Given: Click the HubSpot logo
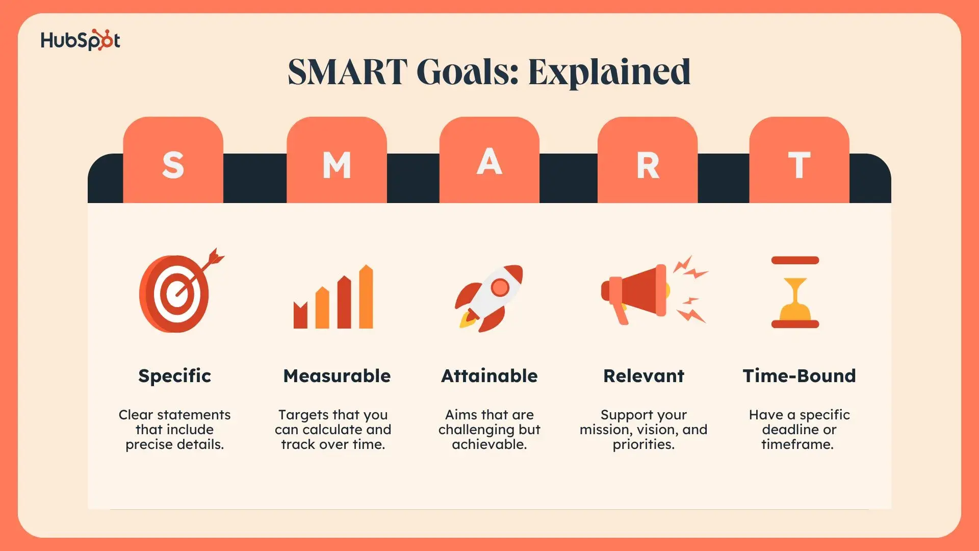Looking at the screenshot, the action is (x=81, y=40).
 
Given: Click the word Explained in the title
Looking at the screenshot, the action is (x=609, y=72).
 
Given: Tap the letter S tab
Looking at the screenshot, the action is (x=173, y=160).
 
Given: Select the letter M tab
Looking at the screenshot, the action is (x=337, y=160).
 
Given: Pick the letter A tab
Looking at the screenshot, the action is (x=489, y=160).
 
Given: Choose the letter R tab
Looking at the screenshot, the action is (x=648, y=160).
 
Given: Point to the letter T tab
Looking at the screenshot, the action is (x=799, y=160).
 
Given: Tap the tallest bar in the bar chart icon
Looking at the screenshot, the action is (x=366, y=296).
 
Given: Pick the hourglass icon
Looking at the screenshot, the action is (x=795, y=292).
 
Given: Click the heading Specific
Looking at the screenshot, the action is (x=174, y=376).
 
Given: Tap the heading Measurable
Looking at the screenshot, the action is (x=337, y=376).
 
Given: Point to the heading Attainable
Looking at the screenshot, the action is (x=489, y=376).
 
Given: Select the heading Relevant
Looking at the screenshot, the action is (x=643, y=376).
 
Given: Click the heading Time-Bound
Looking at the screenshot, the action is (x=799, y=376).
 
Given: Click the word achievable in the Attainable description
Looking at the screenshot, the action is (x=489, y=444).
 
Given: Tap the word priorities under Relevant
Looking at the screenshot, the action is (x=643, y=445).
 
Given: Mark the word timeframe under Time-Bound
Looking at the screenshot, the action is (x=797, y=444).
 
